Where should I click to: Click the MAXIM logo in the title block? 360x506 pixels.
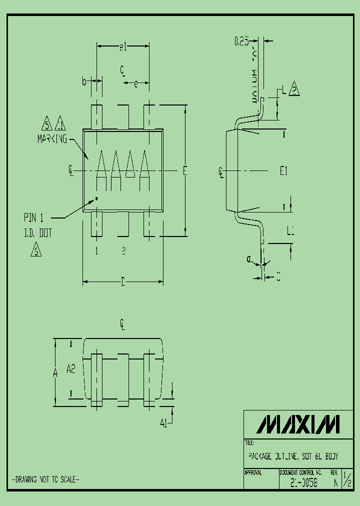coord(298,424)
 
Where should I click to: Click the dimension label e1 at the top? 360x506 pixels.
coord(123,47)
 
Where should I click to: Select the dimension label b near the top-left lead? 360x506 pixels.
coord(85,80)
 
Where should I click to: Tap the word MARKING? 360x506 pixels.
coord(52,139)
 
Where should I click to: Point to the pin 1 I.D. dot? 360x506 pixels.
coord(96,198)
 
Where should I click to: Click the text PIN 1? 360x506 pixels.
coord(34,217)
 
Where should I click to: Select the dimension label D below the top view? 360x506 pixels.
coord(123,283)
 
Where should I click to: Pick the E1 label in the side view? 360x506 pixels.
coord(283,171)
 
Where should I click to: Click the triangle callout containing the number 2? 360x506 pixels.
coord(294,89)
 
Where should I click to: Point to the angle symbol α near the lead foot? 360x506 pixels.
coord(249,259)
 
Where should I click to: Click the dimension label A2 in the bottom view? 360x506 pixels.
coord(71,369)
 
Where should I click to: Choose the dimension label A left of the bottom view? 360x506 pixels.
coord(55,371)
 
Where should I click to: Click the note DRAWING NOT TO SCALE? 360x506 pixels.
coord(45,479)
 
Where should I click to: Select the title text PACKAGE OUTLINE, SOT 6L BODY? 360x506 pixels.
coord(293,456)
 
